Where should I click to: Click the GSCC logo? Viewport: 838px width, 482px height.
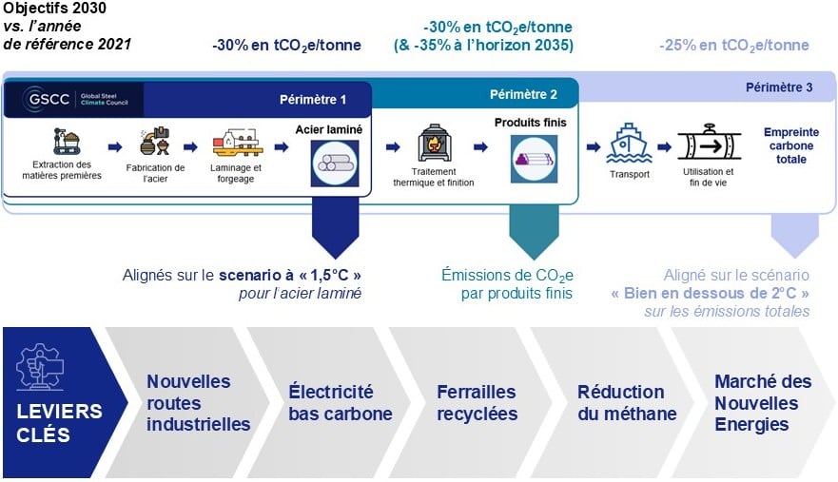pyautogui.click(x=75, y=100)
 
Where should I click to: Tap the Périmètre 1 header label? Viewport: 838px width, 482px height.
pyautogui.click(x=313, y=100)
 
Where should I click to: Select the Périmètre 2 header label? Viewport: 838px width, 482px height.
pyautogui.click(x=523, y=94)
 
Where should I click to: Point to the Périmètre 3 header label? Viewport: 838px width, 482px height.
pyautogui.click(x=779, y=87)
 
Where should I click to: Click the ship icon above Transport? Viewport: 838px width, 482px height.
pyautogui.click(x=629, y=143)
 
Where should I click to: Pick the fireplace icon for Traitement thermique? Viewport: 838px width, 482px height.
pyautogui.click(x=434, y=143)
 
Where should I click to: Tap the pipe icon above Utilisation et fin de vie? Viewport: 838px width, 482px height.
pyautogui.click(x=709, y=143)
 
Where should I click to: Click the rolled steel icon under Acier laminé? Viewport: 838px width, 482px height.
pyautogui.click(x=335, y=164)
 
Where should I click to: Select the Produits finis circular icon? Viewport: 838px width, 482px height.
pyautogui.click(x=534, y=159)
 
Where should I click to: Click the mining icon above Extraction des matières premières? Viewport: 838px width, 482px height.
pyautogui.click(x=67, y=141)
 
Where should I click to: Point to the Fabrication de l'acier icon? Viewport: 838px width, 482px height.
pyautogui.click(x=155, y=142)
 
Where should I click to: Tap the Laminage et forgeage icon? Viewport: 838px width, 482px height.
pyautogui.click(x=237, y=143)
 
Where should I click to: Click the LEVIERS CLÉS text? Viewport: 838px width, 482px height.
pyautogui.click(x=59, y=423)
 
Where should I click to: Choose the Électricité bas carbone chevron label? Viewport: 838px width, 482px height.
pyautogui.click(x=341, y=402)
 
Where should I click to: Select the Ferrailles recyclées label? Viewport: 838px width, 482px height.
pyautogui.click(x=477, y=402)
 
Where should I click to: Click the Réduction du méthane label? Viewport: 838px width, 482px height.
pyautogui.click(x=627, y=402)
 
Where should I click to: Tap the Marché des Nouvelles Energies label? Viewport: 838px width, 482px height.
pyautogui.click(x=763, y=402)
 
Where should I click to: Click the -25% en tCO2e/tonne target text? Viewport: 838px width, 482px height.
pyautogui.click(x=733, y=46)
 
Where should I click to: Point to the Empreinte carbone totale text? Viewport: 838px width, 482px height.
pyautogui.click(x=791, y=145)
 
